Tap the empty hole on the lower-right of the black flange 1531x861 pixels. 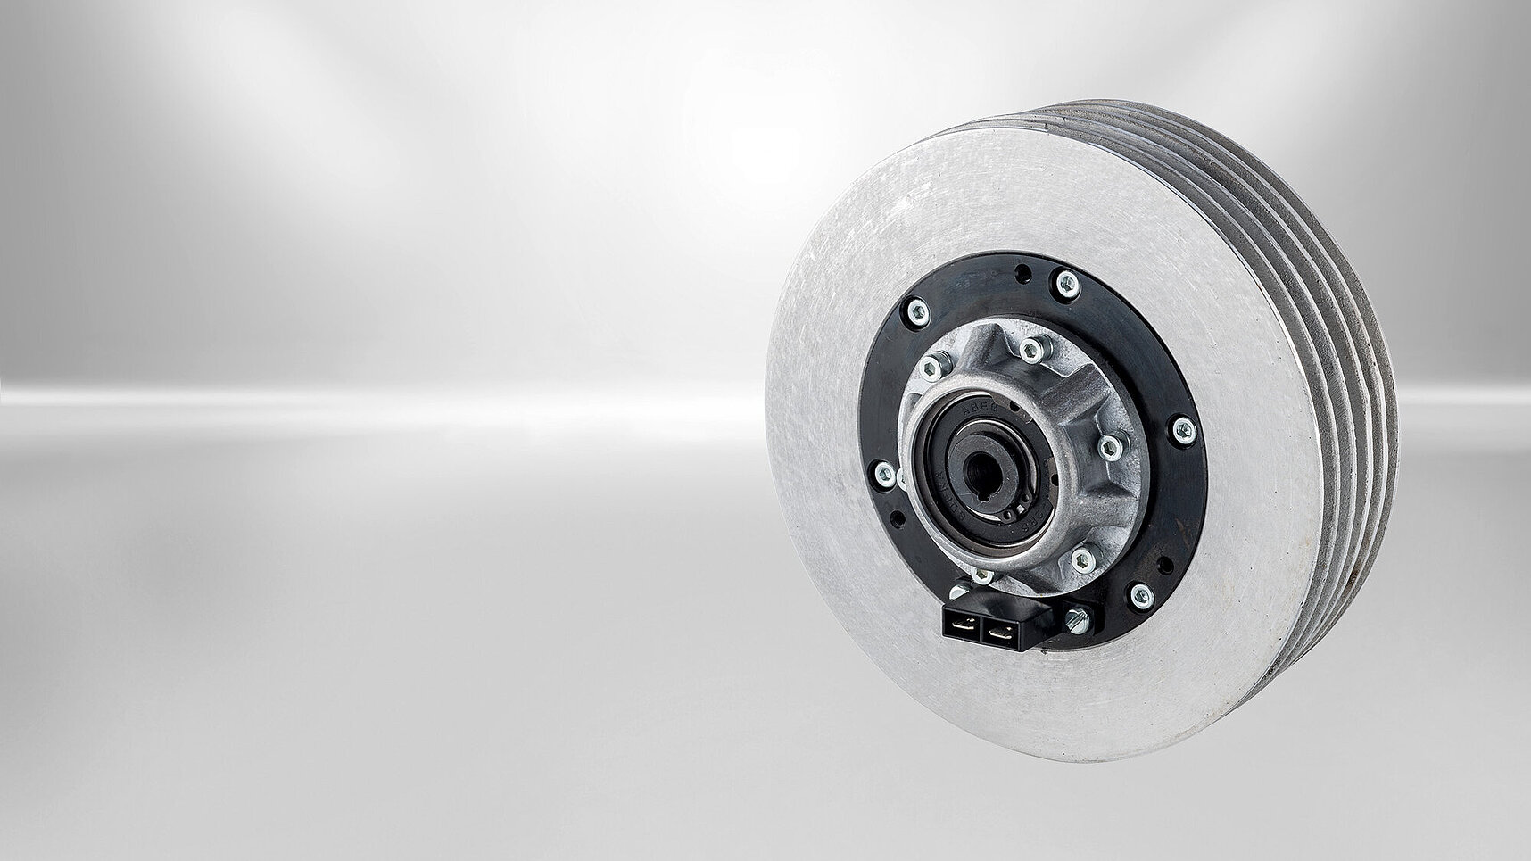(x=1165, y=565)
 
